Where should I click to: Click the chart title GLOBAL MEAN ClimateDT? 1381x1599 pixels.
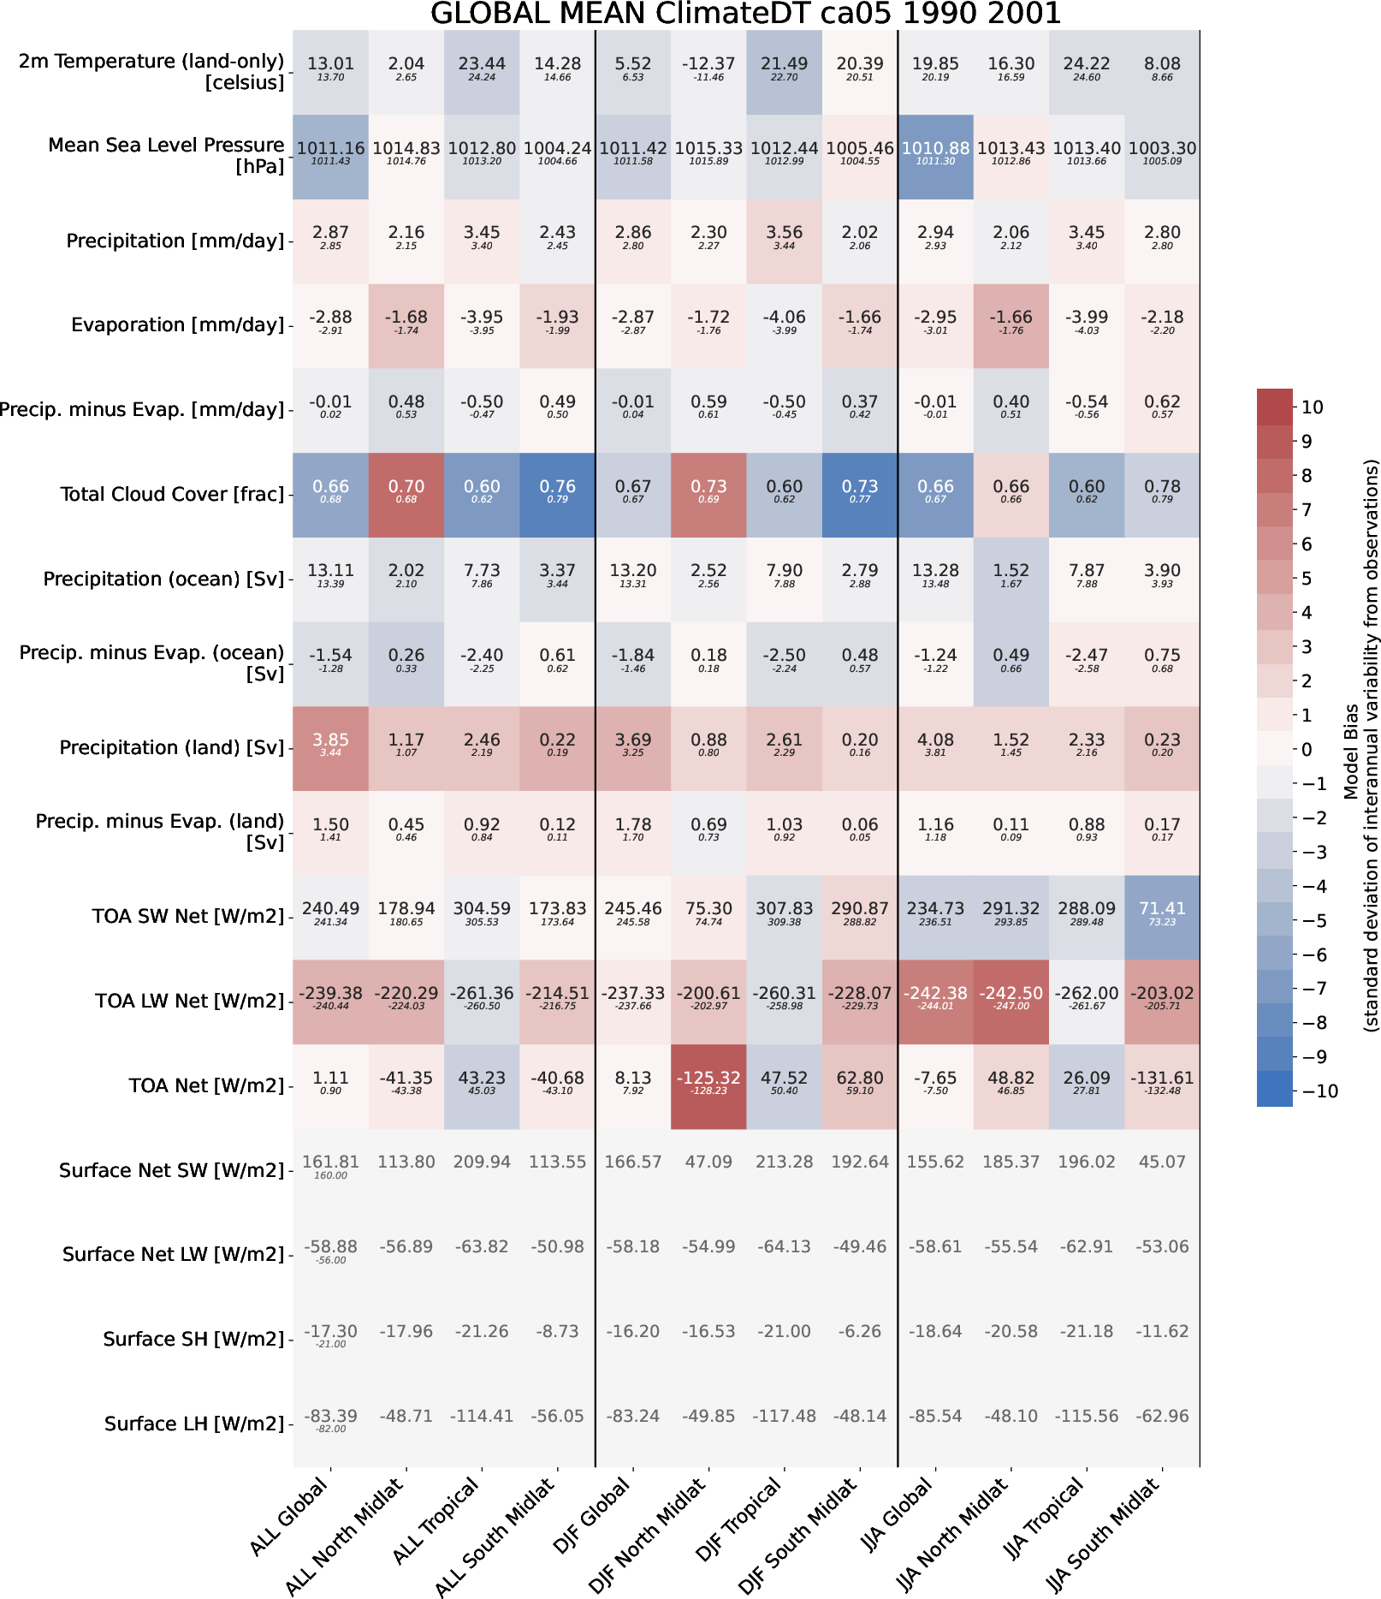click(x=745, y=14)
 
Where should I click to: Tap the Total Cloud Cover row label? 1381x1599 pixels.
click(x=172, y=495)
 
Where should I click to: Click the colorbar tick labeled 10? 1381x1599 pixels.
click(x=1313, y=407)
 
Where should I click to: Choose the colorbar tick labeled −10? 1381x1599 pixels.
click(x=1319, y=1091)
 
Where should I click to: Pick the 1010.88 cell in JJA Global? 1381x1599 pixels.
click(x=935, y=156)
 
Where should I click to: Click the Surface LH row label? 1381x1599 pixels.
click(x=194, y=1424)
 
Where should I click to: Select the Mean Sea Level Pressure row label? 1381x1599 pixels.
click(x=166, y=156)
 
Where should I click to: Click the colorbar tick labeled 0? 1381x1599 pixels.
click(x=1307, y=749)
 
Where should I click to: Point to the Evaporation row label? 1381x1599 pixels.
click(x=177, y=325)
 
